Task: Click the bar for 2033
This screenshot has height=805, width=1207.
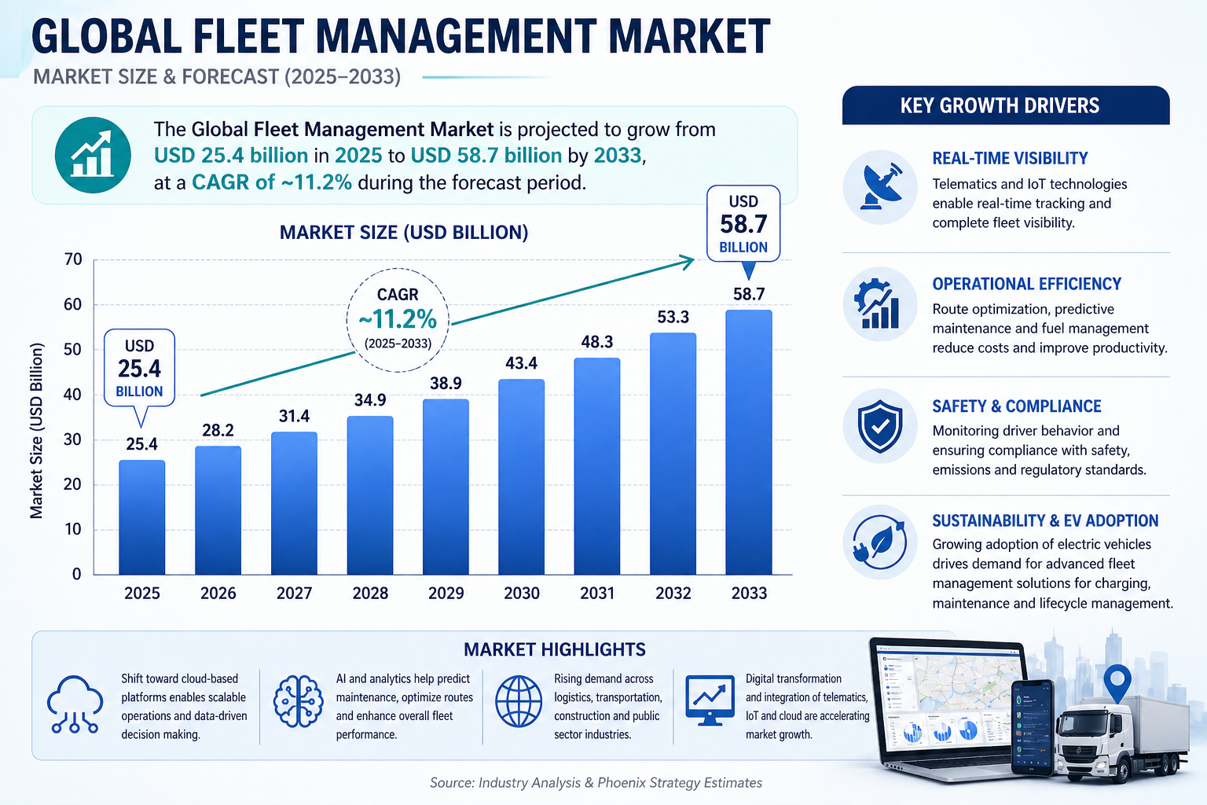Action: coord(749,442)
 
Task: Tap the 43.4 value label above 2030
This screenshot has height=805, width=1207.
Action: coord(521,363)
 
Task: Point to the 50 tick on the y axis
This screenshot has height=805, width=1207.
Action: coord(72,349)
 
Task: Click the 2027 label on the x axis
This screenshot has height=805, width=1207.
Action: coord(294,593)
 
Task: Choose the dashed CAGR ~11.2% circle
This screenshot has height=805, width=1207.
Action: coord(398,319)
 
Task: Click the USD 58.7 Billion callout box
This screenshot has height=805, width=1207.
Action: coord(743,224)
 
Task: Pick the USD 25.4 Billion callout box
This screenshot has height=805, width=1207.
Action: coord(139,368)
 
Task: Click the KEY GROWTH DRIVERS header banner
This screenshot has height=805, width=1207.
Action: coord(1005,105)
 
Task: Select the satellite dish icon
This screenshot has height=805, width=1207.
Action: coord(880,187)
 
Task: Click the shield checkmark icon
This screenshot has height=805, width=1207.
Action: coord(880,425)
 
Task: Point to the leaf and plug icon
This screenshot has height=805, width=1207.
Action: coord(880,542)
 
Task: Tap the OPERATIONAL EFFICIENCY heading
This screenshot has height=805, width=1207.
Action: coord(1026,284)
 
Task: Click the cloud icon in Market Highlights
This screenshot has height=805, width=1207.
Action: coord(75,703)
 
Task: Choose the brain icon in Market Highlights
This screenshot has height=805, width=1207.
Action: coord(298,701)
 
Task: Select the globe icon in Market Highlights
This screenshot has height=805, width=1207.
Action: coord(519,701)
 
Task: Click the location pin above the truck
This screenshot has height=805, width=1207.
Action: coord(1117,681)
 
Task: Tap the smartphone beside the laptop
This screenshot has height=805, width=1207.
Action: coord(1031,727)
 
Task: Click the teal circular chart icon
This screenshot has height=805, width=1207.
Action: coord(93,155)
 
